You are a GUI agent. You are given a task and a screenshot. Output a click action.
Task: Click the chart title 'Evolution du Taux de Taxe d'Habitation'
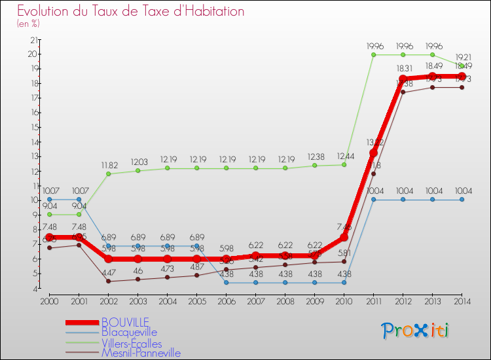point(131,11)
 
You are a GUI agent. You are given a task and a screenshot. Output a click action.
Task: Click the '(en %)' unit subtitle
point(28,24)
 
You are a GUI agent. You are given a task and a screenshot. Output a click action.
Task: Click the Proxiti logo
point(415,331)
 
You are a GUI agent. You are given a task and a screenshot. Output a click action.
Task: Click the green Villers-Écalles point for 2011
point(373,55)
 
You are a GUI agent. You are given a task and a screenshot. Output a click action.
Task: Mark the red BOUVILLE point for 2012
point(403,79)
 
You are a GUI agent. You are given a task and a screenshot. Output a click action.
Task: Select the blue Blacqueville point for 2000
point(49,199)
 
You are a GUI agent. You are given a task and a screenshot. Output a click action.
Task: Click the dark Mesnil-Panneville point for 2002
point(108,281)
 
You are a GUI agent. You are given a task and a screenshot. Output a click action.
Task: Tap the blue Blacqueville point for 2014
point(462,200)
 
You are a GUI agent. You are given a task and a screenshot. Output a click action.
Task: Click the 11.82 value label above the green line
point(108,166)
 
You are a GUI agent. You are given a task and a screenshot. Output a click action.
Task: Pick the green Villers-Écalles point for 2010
point(344,164)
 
